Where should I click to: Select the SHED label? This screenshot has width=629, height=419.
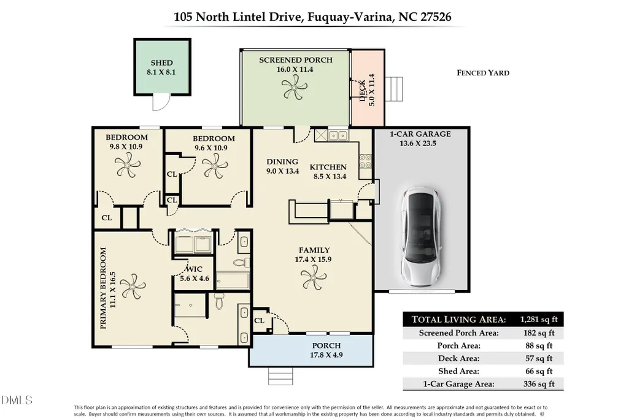(x=161, y=63)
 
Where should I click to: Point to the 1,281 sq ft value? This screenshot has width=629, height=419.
(x=539, y=319)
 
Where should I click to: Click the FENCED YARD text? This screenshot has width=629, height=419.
(x=483, y=73)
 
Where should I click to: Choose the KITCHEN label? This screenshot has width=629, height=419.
(x=328, y=167)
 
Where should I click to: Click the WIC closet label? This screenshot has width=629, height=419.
(x=194, y=269)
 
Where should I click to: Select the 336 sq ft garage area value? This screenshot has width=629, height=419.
(x=539, y=383)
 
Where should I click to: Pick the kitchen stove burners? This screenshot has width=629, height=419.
(x=366, y=161)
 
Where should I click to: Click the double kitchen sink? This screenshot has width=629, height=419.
(x=338, y=136)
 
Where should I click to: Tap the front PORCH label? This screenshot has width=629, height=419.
(x=326, y=345)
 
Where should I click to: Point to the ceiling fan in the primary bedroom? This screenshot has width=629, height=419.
(x=133, y=286)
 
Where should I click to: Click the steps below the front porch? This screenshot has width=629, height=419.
(x=281, y=376)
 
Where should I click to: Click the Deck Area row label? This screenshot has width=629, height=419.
(x=458, y=358)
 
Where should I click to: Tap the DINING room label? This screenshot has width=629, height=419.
(x=282, y=162)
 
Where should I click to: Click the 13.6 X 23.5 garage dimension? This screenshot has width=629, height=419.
(x=418, y=144)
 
